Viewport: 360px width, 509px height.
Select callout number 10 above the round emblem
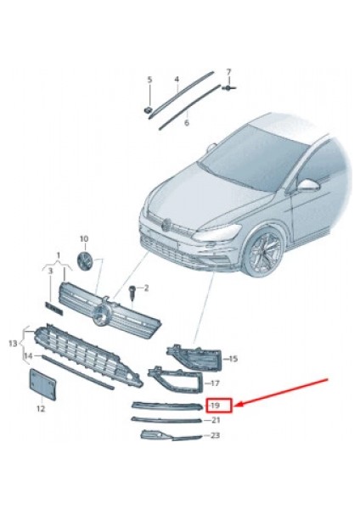pyautogui.click(x=83, y=239)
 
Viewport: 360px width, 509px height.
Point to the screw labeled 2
pyautogui.click(x=134, y=293)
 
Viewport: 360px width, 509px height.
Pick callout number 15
pyautogui.click(x=233, y=360)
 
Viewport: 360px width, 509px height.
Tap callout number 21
pyautogui.click(x=216, y=420)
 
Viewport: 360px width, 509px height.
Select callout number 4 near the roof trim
pyautogui.click(x=177, y=80)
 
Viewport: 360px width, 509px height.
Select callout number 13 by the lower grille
pyautogui.click(x=12, y=344)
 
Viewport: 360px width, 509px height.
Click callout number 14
pyautogui.click(x=27, y=355)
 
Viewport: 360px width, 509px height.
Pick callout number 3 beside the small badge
pyautogui.click(x=49, y=271)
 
